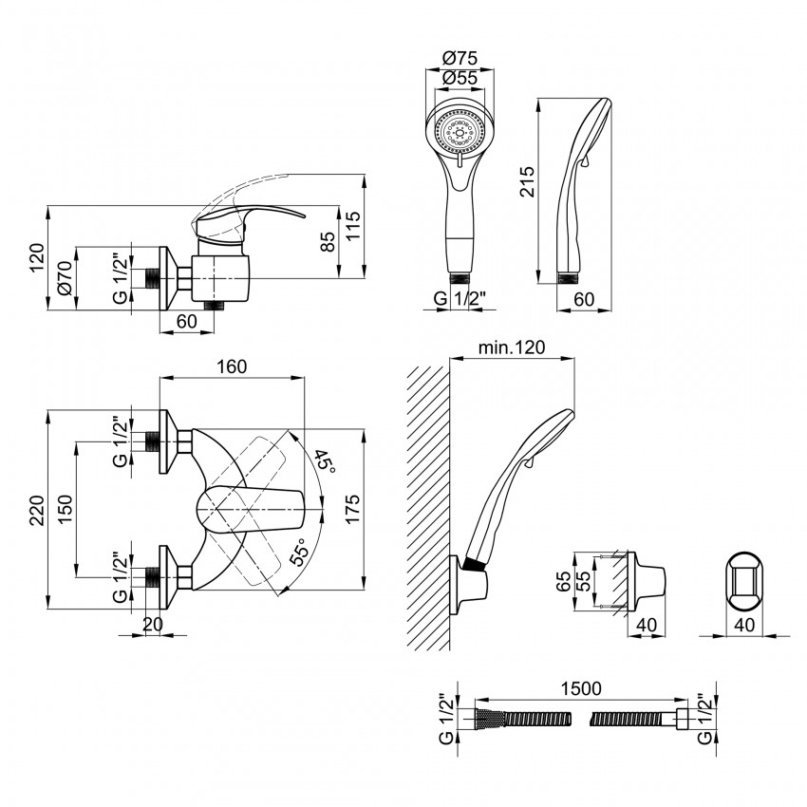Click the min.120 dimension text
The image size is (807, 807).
click(514, 348)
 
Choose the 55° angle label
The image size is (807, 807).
click(301, 553)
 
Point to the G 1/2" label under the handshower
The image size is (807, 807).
click(460, 299)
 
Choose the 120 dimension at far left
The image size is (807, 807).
click(36, 257)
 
